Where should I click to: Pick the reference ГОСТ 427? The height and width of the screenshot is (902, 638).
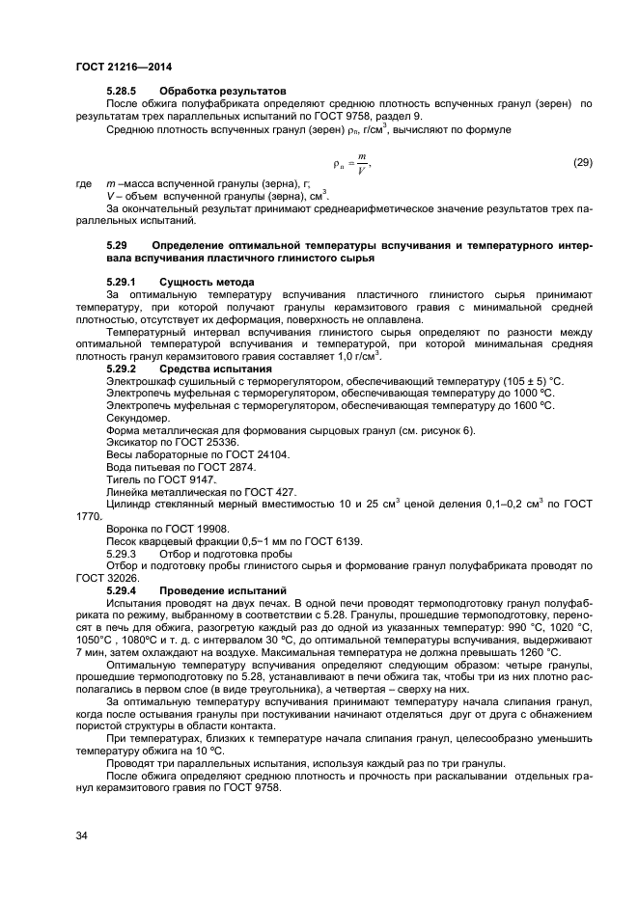pyautogui.click(x=268, y=491)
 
